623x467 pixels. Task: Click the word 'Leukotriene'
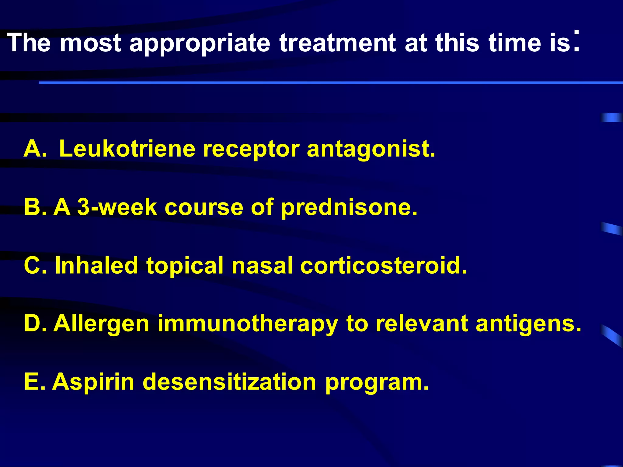[127, 149]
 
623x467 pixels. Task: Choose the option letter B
[34, 207]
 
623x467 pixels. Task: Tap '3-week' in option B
[117, 207]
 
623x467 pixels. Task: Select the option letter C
[34, 265]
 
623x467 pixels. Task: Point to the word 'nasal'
[262, 265]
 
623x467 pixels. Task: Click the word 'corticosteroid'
[383, 265]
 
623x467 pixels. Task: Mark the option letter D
[34, 323]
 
